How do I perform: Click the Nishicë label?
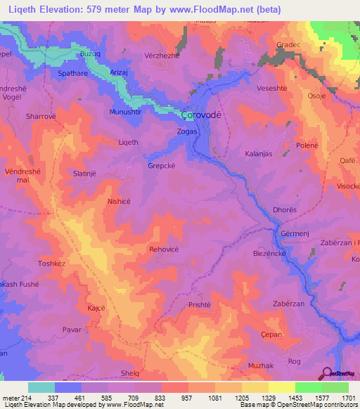coord(118,201)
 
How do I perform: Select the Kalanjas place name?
coord(259,153)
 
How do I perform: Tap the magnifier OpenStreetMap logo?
coord(326,374)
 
